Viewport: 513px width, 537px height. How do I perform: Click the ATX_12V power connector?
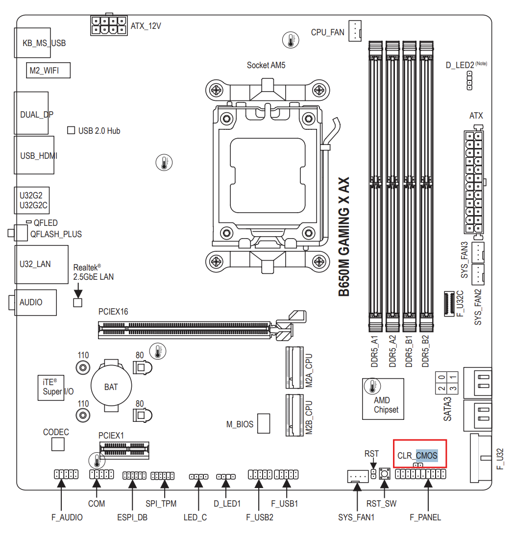(x=109, y=25)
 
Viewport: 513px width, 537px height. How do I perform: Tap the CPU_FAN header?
(x=355, y=31)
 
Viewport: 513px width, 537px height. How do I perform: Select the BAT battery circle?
(x=111, y=386)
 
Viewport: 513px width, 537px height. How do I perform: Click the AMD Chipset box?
(x=383, y=399)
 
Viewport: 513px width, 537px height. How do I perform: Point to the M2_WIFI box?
(x=49, y=70)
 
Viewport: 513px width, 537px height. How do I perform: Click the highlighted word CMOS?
(x=427, y=456)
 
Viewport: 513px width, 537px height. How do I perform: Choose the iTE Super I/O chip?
(x=50, y=388)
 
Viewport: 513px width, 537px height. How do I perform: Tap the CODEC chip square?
(x=58, y=444)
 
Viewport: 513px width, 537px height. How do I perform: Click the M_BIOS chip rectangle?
(x=263, y=423)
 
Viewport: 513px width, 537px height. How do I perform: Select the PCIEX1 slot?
(x=124, y=450)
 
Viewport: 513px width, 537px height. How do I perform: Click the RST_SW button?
(x=385, y=474)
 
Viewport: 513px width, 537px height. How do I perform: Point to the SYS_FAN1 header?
(x=358, y=476)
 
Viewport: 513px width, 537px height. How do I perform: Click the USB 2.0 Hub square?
(x=71, y=130)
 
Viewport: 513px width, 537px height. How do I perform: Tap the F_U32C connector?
(x=449, y=304)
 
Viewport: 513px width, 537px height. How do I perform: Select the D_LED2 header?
(x=469, y=80)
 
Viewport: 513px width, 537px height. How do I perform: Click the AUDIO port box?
(x=36, y=302)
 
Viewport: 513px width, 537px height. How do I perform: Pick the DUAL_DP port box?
(x=31, y=113)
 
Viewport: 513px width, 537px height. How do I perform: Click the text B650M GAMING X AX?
(x=344, y=237)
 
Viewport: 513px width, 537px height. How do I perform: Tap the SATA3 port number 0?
(x=441, y=377)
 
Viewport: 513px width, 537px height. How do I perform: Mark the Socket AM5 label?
(x=266, y=65)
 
